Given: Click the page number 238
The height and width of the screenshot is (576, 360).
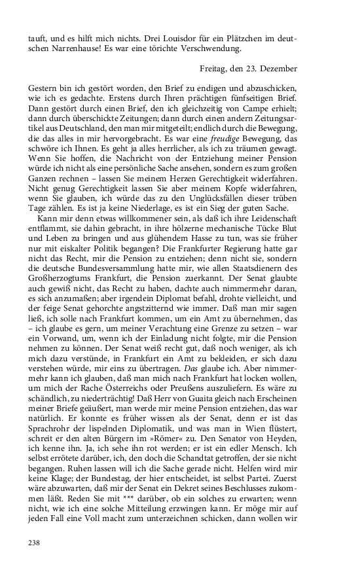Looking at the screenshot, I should (35, 542).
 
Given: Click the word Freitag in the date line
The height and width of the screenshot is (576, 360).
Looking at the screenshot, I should (214, 68).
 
